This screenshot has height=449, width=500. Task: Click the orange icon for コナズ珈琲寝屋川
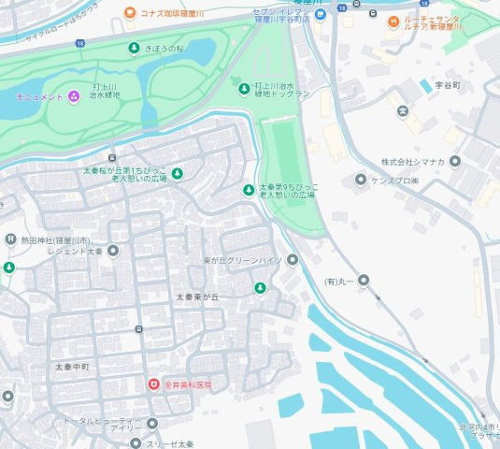pyautogui.click(x=129, y=14)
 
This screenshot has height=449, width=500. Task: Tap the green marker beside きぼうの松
pyautogui.click(x=133, y=48)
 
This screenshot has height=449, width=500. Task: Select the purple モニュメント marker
pyautogui.click(x=73, y=96)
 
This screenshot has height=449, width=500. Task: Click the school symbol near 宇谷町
pyautogui.click(x=403, y=111)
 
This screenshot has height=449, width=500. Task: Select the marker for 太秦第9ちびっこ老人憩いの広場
pyautogui.click(x=248, y=190)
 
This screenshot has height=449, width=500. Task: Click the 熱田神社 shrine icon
pyautogui.click(x=10, y=239)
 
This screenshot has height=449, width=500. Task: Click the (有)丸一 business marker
pyautogui.click(x=364, y=280)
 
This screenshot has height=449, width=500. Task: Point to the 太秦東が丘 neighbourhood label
pyautogui.click(x=197, y=297)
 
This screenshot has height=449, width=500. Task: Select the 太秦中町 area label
pyautogui.click(x=71, y=366)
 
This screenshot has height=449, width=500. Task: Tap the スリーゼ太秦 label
pyautogui.click(x=168, y=442)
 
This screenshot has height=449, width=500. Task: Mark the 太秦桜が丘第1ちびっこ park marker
pyautogui.click(x=177, y=172)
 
